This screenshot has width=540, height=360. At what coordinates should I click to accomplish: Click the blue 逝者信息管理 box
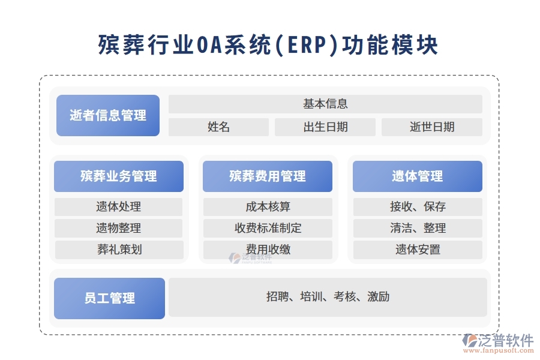[108, 115]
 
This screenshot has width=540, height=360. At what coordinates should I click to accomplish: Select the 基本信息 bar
[325, 104]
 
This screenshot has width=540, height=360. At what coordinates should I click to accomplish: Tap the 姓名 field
[218, 127]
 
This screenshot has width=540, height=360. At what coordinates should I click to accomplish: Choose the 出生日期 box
[325, 127]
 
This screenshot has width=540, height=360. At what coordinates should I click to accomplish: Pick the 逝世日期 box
[432, 127]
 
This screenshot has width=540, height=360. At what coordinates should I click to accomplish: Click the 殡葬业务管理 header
[119, 176]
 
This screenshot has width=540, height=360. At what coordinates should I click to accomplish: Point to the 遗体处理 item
[119, 207]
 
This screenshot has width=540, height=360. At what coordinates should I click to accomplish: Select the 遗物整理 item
[119, 228]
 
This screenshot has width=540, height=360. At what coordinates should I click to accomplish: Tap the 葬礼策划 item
[119, 250]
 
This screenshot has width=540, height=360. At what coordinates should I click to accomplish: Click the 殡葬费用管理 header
[268, 176]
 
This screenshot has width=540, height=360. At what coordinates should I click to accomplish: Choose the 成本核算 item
[268, 207]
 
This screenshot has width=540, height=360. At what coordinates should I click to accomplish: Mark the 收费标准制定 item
[268, 228]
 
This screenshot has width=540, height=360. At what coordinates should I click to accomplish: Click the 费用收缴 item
[268, 250]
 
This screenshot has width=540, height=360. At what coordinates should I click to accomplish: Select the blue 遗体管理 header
[418, 176]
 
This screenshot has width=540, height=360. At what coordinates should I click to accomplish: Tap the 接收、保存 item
[418, 207]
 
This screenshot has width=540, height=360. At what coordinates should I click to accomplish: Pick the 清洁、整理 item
[418, 228]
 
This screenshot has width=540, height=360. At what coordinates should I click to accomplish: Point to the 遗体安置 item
[418, 250]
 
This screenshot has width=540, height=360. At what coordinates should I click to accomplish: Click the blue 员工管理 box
[110, 298]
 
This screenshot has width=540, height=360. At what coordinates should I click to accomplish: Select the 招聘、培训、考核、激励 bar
[328, 296]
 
